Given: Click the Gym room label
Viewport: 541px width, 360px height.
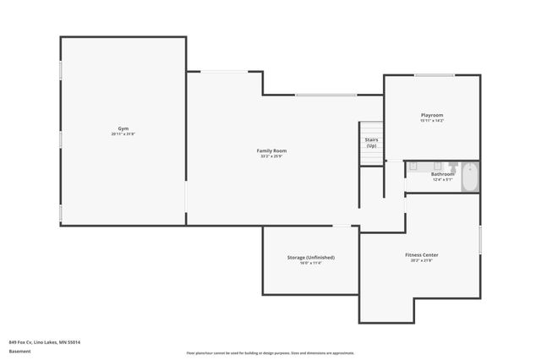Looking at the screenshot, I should (x=123, y=128).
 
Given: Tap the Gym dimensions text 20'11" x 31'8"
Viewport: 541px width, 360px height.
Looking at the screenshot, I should (x=123, y=134).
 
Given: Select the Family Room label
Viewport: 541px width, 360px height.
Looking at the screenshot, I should (x=271, y=150).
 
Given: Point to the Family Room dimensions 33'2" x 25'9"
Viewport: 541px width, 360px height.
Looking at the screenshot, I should (x=271, y=156).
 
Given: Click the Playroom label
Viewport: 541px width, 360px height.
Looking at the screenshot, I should (x=432, y=115).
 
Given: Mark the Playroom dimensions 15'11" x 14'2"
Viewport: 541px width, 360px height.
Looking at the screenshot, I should (x=432, y=121).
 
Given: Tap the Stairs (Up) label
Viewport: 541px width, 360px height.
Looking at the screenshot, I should (x=371, y=142).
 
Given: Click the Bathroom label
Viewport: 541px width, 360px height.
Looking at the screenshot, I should (x=442, y=174).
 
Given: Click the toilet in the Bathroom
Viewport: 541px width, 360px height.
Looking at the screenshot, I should (x=453, y=166).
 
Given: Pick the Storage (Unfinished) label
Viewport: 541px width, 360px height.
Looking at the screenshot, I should (x=310, y=257).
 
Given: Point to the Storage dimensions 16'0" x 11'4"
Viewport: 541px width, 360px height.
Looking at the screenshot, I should (x=310, y=263).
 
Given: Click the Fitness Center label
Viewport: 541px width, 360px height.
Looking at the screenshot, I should (x=420, y=254).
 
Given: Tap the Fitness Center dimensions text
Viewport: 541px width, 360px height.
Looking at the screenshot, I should (x=420, y=260).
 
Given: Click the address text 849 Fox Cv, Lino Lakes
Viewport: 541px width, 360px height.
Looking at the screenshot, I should (x=50, y=342).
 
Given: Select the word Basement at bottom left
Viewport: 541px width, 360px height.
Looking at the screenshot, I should (x=19, y=352).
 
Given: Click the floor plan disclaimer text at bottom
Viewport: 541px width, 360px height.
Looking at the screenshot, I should (x=270, y=353).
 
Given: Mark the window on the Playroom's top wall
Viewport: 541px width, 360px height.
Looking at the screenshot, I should (x=434, y=75).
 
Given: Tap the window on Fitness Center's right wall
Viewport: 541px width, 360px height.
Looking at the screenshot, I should (x=480, y=238).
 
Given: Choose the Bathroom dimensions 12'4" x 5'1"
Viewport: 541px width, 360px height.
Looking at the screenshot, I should (x=442, y=179).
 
